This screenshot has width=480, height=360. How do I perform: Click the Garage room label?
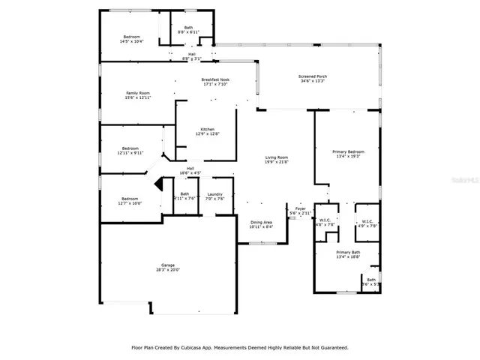pyautogui.click(x=168, y=265)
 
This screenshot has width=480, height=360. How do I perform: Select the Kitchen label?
pyautogui.click(x=207, y=129)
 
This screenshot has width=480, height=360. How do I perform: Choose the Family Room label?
pyautogui.click(x=138, y=93)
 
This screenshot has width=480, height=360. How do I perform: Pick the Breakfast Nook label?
pyautogui.click(x=214, y=79)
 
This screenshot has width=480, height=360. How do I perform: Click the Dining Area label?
pyautogui.click(x=261, y=222)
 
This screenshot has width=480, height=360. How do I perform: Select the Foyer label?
pyautogui.click(x=300, y=208)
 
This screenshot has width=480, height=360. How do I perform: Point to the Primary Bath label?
pyautogui.click(x=348, y=252)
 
